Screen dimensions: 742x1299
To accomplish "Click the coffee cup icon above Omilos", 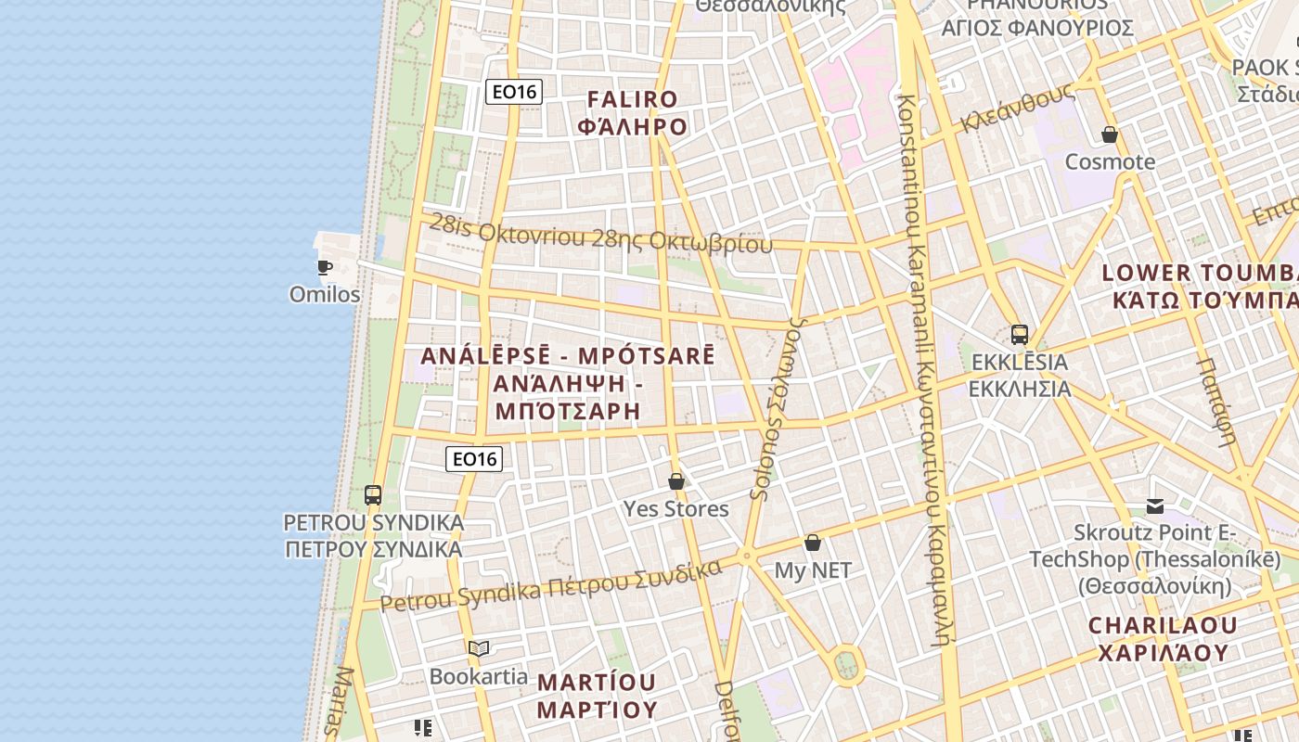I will (324, 268).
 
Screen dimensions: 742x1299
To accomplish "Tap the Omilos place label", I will (325, 294).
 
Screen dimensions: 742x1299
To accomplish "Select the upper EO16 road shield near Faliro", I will (514, 91).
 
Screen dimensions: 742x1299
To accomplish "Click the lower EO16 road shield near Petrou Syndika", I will (473, 458).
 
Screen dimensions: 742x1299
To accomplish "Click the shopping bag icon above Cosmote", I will (1110, 135).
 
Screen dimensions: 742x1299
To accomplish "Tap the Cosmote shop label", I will (1110, 162).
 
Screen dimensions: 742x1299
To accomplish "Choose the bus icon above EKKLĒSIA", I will (1020, 334).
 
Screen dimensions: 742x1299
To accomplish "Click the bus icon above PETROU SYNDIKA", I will (373, 495).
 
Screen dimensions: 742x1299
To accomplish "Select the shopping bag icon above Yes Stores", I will (676, 481).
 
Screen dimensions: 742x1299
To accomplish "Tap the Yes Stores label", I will (675, 508).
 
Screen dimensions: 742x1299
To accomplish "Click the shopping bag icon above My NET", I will (813, 543).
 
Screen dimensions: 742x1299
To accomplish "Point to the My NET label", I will (813, 570).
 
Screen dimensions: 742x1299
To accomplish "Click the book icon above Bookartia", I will (479, 649).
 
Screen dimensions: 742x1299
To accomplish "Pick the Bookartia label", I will (479, 676).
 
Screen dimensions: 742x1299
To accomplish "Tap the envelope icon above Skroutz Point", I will (1155, 505).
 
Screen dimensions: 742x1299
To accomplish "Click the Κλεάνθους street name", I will (1018, 109).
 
